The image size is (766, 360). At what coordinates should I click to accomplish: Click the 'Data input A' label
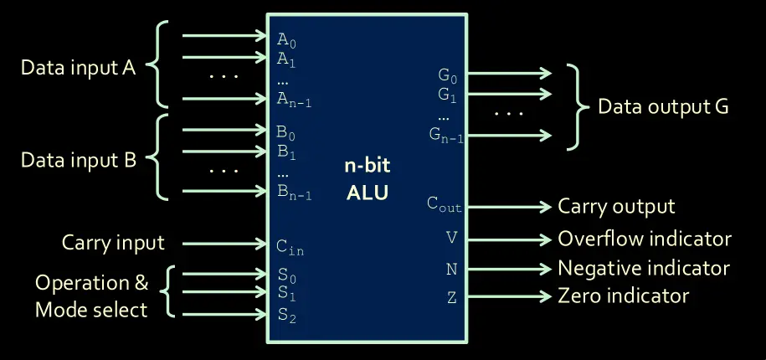point(78,68)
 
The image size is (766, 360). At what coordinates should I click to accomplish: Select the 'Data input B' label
point(78,159)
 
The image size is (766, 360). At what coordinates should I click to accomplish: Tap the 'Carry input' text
point(113,244)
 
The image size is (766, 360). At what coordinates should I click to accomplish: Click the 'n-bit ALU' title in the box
point(368,178)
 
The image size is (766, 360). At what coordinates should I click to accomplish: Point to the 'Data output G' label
point(663,107)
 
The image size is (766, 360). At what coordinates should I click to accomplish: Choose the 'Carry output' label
point(616,206)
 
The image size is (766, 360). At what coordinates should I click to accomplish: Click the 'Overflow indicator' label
point(645,239)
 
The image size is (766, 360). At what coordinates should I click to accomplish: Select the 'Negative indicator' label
point(644,268)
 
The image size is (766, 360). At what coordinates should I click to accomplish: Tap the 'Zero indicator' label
point(623,296)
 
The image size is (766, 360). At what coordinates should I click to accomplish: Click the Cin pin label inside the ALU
point(289,245)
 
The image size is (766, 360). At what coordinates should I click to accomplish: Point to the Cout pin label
point(444,203)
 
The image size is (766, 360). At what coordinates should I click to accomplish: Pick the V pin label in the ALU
point(452,238)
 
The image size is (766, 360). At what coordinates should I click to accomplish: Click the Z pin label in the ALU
point(452,297)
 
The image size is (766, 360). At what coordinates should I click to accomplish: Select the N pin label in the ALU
point(452,268)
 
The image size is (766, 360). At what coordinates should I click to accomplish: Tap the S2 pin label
point(286,316)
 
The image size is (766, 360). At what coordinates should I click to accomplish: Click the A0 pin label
point(286,39)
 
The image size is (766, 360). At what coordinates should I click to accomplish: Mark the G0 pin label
point(448,75)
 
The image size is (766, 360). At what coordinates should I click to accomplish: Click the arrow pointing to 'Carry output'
point(511,206)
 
